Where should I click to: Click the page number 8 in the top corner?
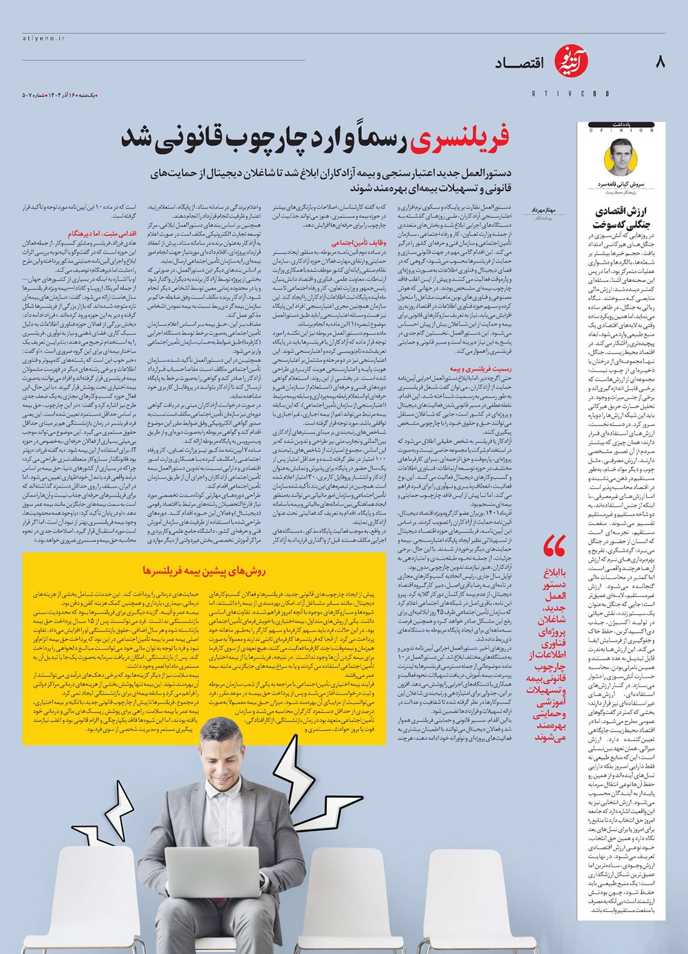tap(660, 63)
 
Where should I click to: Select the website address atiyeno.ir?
tap(41, 39)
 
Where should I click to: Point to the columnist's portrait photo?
tap(621, 159)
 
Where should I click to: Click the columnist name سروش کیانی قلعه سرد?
tap(621, 186)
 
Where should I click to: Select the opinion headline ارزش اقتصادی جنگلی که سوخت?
tap(621, 217)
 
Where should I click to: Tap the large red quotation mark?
tap(554, 548)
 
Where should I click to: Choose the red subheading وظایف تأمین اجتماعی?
tap(352, 243)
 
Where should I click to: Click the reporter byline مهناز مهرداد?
tap(548, 208)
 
